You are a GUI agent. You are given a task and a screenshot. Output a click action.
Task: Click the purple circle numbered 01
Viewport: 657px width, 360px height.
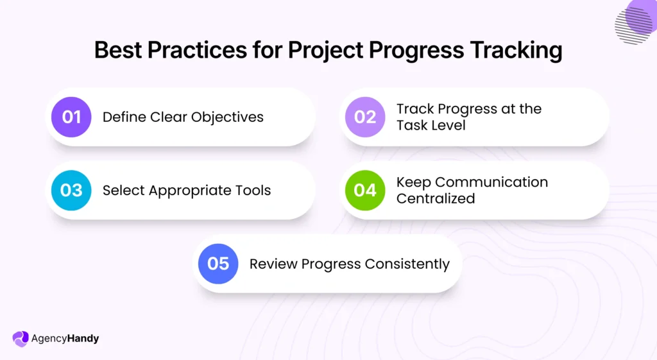(x=71, y=117)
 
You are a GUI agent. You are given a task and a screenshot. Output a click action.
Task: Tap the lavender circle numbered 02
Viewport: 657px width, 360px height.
(x=365, y=117)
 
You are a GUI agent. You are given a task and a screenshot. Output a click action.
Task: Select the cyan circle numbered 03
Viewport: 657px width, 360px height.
(x=71, y=190)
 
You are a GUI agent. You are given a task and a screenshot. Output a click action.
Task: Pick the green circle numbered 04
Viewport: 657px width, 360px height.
(x=365, y=190)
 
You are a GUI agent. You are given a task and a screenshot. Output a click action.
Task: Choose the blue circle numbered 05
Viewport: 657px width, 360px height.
(x=218, y=264)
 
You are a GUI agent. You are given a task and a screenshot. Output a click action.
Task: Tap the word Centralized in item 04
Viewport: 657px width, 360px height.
(x=436, y=198)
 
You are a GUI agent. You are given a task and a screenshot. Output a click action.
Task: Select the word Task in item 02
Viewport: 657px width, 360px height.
(x=411, y=125)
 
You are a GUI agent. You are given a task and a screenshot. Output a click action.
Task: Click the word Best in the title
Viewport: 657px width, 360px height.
(x=119, y=49)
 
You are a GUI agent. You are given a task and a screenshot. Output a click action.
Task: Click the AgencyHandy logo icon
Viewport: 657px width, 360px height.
(x=21, y=338)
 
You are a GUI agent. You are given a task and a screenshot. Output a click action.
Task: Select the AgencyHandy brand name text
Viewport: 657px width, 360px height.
(x=65, y=338)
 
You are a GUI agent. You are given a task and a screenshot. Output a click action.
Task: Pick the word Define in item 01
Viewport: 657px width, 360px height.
(x=124, y=117)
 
